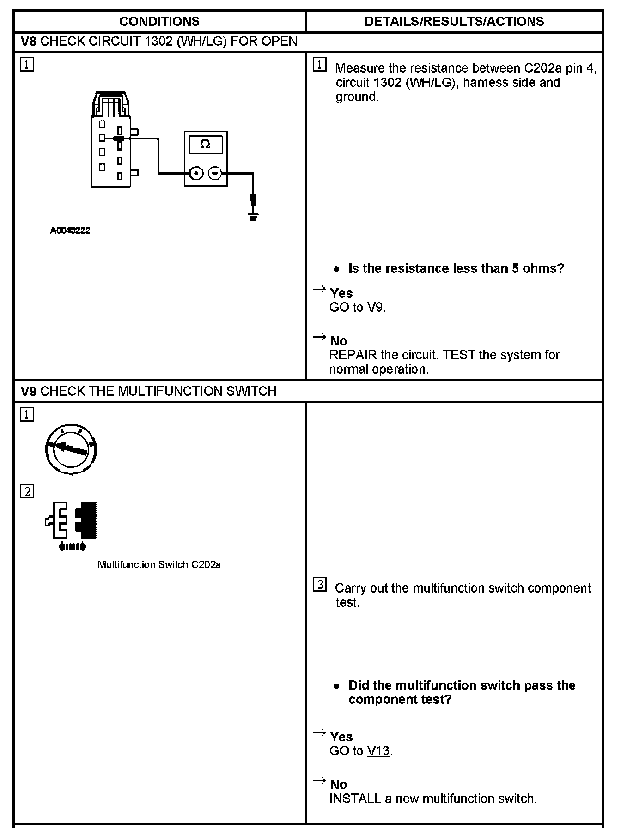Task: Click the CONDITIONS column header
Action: click(x=159, y=21)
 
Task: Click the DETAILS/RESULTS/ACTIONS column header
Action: click(x=454, y=21)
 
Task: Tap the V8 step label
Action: click(x=29, y=42)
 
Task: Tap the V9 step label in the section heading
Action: click(x=29, y=391)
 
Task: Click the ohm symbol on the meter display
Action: click(x=206, y=145)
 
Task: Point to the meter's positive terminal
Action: click(x=197, y=174)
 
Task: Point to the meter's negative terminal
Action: click(x=215, y=174)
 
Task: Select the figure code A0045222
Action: click(x=70, y=230)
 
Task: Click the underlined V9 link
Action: click(x=375, y=307)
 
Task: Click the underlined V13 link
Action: click(x=378, y=751)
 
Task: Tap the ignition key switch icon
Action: click(x=71, y=449)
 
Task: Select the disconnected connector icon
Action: click(x=72, y=522)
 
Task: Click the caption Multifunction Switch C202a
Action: click(x=159, y=564)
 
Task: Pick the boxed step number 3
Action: click(x=319, y=585)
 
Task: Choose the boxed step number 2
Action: click(x=27, y=491)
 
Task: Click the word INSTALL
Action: click(x=355, y=799)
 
